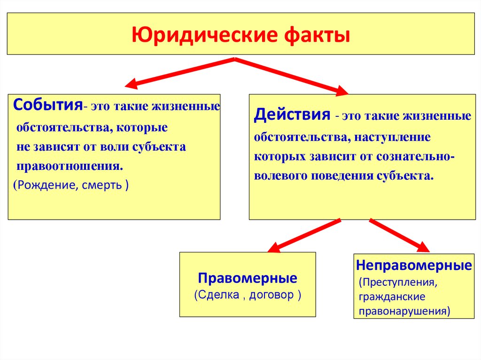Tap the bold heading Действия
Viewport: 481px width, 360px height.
pyautogui.click(x=291, y=115)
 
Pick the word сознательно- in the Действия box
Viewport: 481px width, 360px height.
pyautogui.click(x=415, y=156)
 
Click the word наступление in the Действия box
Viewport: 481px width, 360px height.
pyautogui.click(x=393, y=137)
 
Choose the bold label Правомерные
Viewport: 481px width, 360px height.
pyautogui.click(x=248, y=278)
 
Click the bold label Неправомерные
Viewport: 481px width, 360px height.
pyautogui.click(x=414, y=266)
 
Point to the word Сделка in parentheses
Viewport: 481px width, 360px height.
pyautogui.click(x=218, y=295)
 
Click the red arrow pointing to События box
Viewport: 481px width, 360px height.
pyautogui.click(x=179, y=72)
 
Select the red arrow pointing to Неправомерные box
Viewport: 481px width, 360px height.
pyautogui.click(x=399, y=234)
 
